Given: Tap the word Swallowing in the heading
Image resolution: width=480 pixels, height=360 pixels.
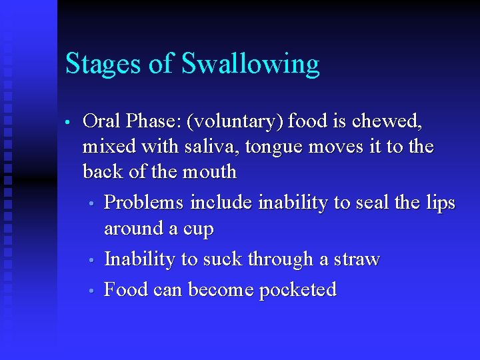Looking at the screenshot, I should (x=251, y=65).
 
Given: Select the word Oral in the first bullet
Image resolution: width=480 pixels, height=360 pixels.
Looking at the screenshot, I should (x=102, y=121).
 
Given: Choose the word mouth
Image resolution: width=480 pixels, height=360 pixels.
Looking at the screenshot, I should (x=207, y=171).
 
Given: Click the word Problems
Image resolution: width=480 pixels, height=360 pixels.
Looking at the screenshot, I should (x=145, y=201).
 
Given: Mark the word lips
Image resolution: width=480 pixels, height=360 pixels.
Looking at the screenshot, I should (x=441, y=202).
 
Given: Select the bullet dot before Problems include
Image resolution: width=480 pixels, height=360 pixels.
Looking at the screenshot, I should (x=96, y=203).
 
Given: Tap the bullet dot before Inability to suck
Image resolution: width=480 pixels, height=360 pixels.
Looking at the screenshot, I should (x=96, y=260).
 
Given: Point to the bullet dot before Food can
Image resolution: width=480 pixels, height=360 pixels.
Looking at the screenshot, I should (x=96, y=291).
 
